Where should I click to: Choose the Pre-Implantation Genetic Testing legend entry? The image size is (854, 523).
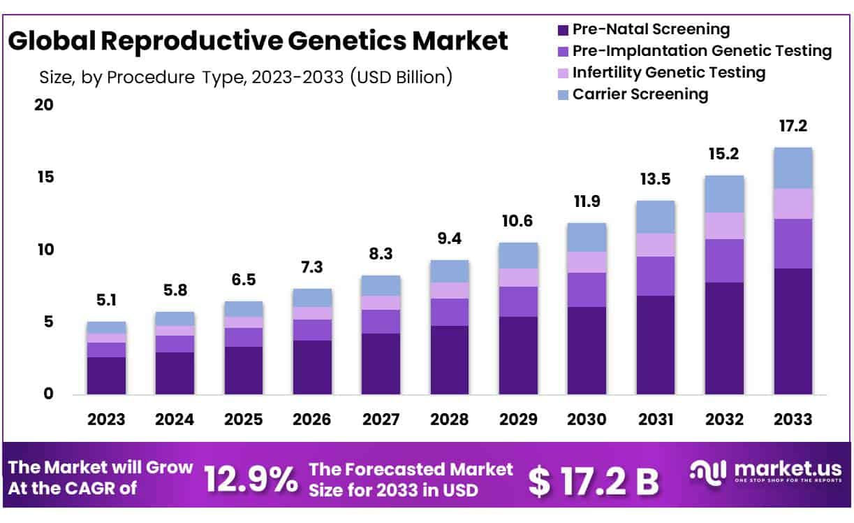tap(701, 51)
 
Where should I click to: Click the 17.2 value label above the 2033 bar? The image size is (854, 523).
tap(793, 127)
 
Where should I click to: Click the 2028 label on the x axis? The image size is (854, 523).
tap(449, 420)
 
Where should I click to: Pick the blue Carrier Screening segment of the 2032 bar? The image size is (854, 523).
tap(724, 194)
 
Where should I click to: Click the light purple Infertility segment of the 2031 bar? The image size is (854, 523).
tap(655, 245)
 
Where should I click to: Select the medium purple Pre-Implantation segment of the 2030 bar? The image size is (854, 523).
tap(587, 289)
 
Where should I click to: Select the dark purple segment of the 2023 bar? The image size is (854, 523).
tap(106, 375)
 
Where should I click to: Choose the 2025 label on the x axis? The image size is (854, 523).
tap(243, 420)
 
